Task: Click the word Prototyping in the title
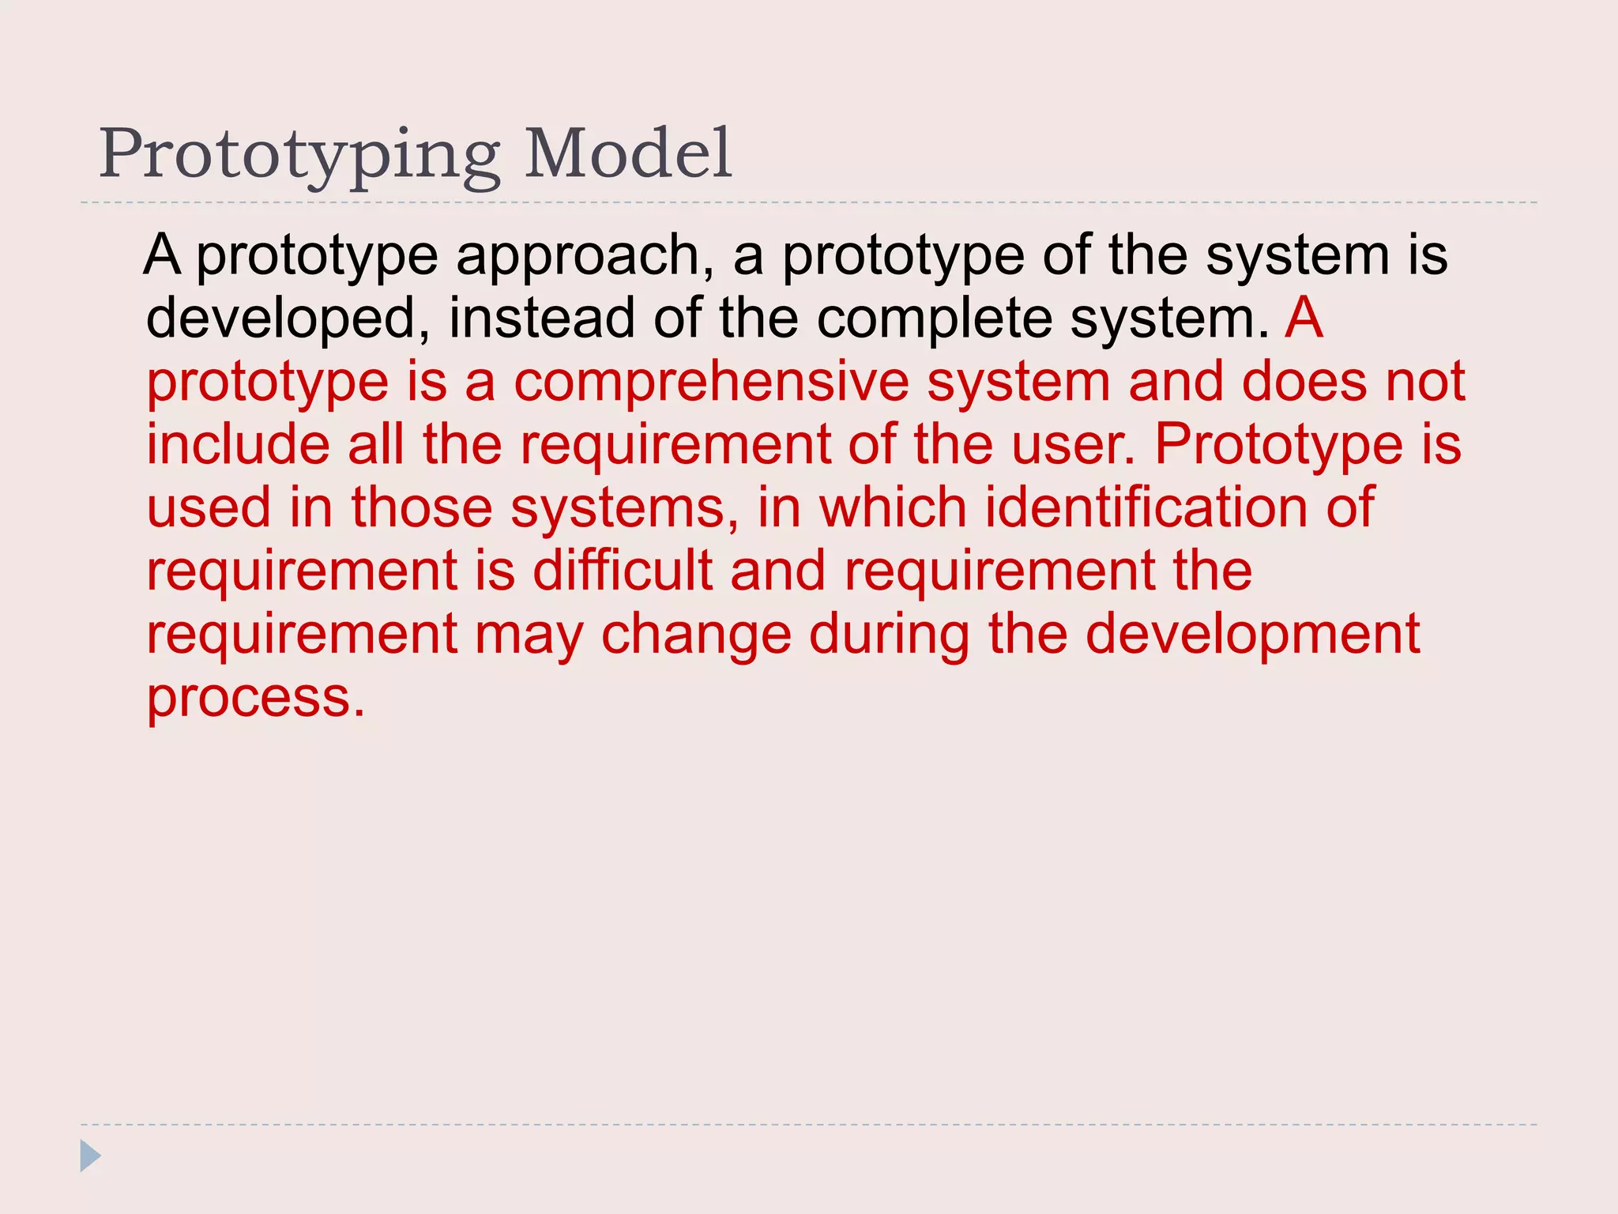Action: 299,155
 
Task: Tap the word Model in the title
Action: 628,153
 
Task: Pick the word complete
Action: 934,319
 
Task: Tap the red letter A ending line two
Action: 1304,318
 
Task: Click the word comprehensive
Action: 711,383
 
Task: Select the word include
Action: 238,444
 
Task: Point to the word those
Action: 422,507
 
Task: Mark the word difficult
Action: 622,571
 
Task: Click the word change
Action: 696,634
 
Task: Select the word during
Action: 889,635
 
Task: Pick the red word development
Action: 1252,635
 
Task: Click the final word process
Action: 256,699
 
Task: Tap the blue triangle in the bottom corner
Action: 90,1156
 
